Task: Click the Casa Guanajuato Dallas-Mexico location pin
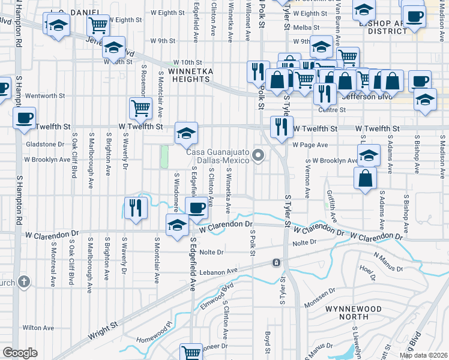[259, 156]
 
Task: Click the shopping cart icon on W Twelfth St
[140, 108]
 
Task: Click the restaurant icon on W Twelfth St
[280, 126]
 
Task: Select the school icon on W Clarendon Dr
[176, 225]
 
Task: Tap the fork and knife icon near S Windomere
[136, 208]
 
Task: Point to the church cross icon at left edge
[23, 281]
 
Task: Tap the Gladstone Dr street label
[45, 145]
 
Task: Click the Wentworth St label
[45, 95]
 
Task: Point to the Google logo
[20, 353]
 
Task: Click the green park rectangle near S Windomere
[164, 157]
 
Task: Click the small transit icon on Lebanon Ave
[276, 263]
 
